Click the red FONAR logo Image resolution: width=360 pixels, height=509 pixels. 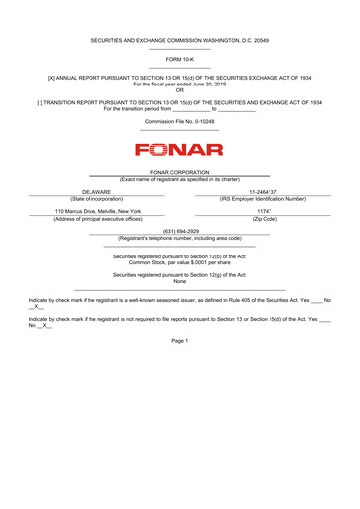(179, 151)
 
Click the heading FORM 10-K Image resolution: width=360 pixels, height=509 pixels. (179, 59)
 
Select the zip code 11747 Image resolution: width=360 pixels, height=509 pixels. (264, 211)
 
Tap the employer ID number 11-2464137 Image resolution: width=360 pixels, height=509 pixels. (263, 191)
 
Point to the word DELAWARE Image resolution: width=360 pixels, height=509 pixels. (96, 191)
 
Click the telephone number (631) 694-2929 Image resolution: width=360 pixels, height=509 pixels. (179, 231)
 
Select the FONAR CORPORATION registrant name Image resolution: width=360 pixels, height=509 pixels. (179, 172)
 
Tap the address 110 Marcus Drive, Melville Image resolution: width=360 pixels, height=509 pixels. (97, 211)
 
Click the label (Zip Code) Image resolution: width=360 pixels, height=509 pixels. (264, 219)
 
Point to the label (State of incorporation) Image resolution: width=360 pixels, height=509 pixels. (96, 198)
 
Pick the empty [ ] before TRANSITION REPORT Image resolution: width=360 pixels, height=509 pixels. (40, 102)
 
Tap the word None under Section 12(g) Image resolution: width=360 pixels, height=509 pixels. (179, 281)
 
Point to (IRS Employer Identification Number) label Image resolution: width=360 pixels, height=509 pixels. (264, 198)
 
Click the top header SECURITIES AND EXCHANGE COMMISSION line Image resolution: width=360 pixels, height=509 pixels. (179, 40)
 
